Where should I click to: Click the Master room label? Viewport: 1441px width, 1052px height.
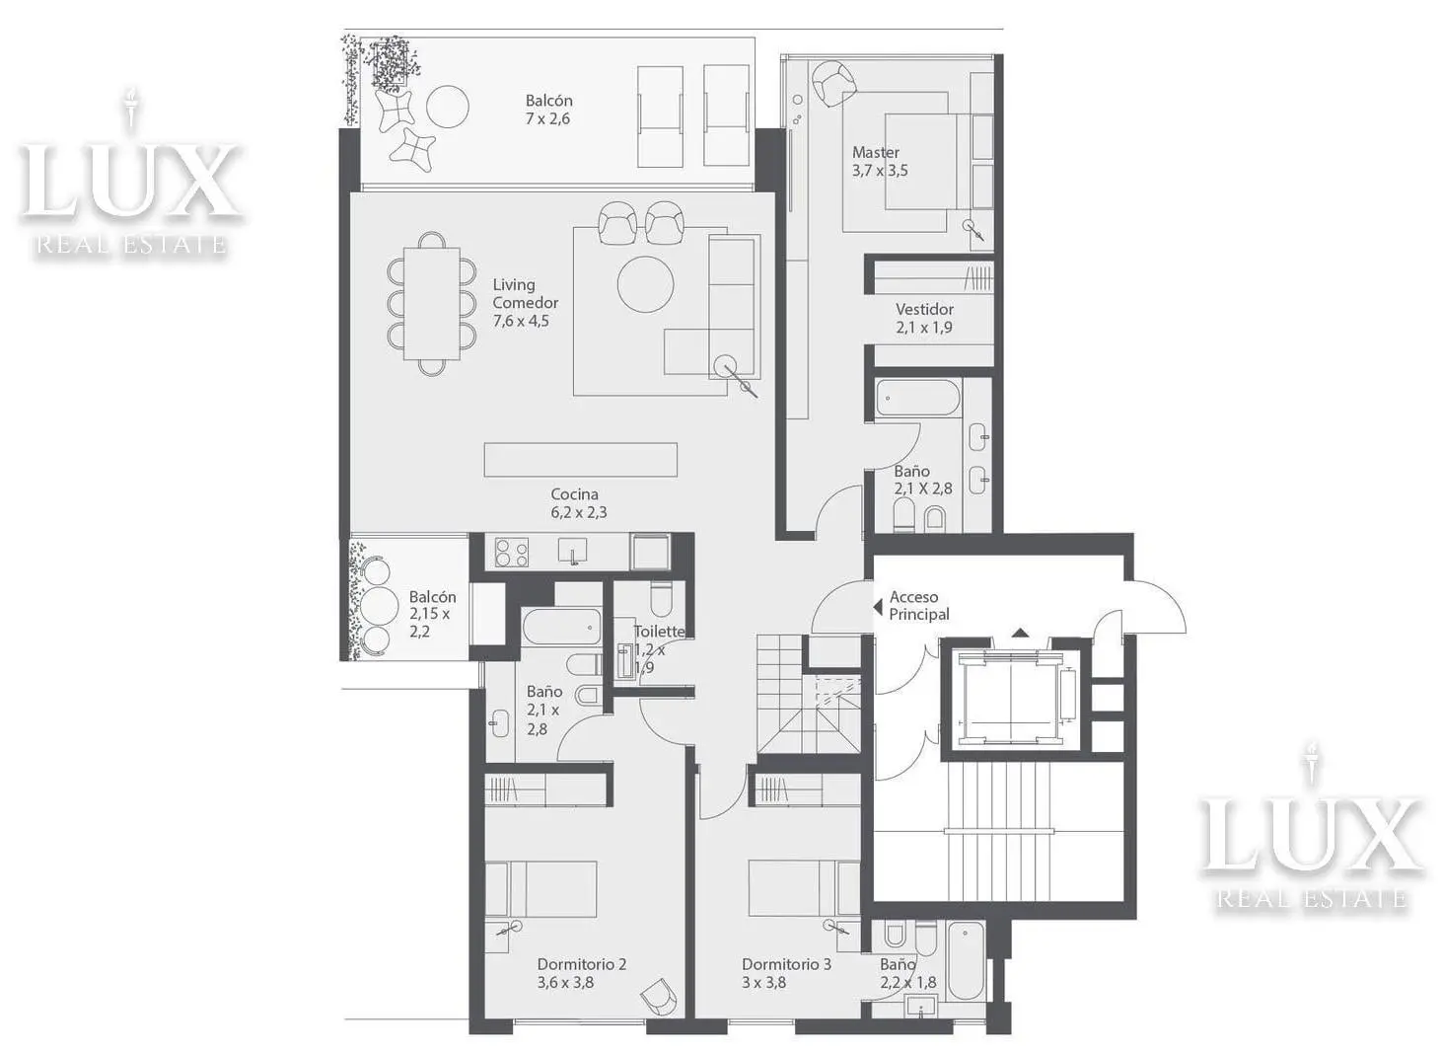pyautogui.click(x=880, y=161)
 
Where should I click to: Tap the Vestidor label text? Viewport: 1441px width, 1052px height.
pyautogui.click(x=924, y=318)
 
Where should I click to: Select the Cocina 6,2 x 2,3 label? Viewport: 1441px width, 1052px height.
pyautogui.click(x=578, y=503)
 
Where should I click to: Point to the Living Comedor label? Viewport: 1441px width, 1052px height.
pyautogui.click(x=525, y=303)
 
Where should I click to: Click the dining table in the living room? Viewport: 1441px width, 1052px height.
pyautogui.click(x=432, y=304)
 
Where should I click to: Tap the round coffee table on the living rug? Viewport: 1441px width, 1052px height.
pyautogui.click(x=645, y=284)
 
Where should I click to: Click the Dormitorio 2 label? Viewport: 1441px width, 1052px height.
pyautogui.click(x=582, y=973)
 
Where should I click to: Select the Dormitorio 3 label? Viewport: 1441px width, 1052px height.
pyautogui.click(x=786, y=973)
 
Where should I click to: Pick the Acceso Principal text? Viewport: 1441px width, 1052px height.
pyautogui.click(x=919, y=606)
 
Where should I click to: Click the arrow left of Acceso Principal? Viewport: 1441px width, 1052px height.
pyautogui.click(x=877, y=607)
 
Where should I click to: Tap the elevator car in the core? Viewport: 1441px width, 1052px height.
pyautogui.click(x=1011, y=697)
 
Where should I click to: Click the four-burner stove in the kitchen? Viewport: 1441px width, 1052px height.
pyautogui.click(x=512, y=553)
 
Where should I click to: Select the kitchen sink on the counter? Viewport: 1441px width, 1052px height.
pyautogui.click(x=573, y=552)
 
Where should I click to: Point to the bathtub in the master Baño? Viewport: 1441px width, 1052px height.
pyautogui.click(x=917, y=398)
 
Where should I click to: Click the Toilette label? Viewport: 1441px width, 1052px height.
pyautogui.click(x=660, y=631)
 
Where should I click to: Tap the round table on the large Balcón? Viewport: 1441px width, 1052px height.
pyautogui.click(x=448, y=107)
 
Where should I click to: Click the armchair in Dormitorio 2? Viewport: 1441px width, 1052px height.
pyautogui.click(x=660, y=998)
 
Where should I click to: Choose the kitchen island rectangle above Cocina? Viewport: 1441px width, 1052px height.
pyautogui.click(x=580, y=460)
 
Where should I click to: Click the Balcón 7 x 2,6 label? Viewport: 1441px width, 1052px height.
pyautogui.click(x=548, y=110)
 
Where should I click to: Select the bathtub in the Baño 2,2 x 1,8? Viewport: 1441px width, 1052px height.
pyautogui.click(x=967, y=960)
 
